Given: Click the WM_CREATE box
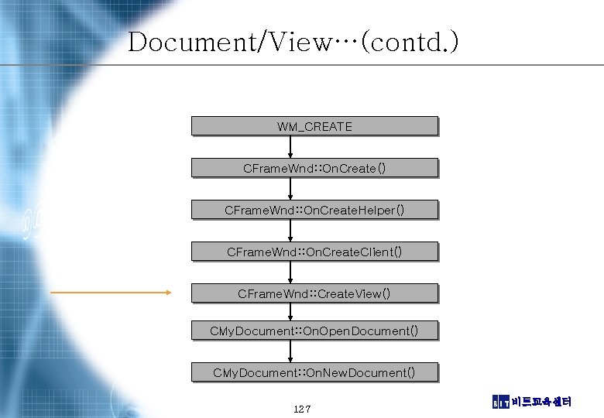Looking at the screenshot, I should pyautogui.click(x=314, y=126).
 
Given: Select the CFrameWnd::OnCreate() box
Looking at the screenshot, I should pyautogui.click(x=314, y=168).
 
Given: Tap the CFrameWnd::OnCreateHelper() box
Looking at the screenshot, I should pyautogui.click(x=314, y=210).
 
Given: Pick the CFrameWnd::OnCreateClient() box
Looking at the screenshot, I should pyautogui.click(x=314, y=252).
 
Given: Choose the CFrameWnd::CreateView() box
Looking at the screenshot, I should pyautogui.click(x=314, y=293).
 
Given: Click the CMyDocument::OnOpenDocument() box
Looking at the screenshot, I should pyautogui.click(x=314, y=331).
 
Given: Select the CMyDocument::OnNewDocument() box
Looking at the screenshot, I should pyautogui.click(x=314, y=372).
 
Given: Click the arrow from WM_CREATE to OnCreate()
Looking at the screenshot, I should pyautogui.click(x=290, y=147).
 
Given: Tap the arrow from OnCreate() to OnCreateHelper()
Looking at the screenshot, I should pyautogui.click(x=290, y=189).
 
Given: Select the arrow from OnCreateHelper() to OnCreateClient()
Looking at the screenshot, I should pyautogui.click(x=290, y=231).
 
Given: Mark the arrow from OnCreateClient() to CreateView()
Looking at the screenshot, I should pyautogui.click(x=290, y=272).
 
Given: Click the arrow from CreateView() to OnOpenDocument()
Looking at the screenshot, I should pyautogui.click(x=290, y=312).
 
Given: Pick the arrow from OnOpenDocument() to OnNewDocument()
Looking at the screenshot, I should pyautogui.click(x=290, y=351).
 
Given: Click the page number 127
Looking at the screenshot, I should pyautogui.click(x=302, y=408).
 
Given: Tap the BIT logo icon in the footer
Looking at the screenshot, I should pyautogui.click(x=501, y=402).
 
